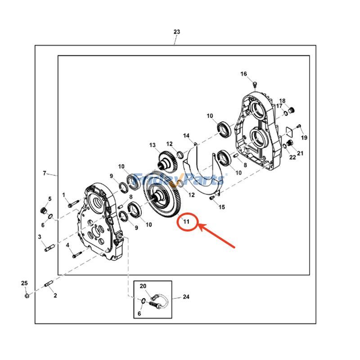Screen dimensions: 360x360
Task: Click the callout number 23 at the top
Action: (x=176, y=32)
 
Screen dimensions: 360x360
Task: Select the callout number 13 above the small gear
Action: (x=153, y=145)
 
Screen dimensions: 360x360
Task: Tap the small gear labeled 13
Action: (x=167, y=161)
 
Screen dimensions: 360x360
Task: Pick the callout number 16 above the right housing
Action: (x=243, y=74)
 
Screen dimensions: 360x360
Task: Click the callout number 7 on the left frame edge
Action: (x=45, y=173)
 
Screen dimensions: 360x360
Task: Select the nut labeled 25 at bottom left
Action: (x=26, y=295)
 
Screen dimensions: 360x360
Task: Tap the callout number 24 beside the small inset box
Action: (x=186, y=297)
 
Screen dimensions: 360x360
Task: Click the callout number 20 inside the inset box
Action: (x=143, y=286)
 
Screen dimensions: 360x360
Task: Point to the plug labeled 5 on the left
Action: (x=44, y=211)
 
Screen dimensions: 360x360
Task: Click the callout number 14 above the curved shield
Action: (x=186, y=135)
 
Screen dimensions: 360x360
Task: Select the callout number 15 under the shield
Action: (x=221, y=207)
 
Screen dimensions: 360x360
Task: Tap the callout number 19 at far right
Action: (x=305, y=137)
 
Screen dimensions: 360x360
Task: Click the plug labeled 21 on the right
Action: (x=291, y=143)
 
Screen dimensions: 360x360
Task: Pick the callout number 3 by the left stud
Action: (x=40, y=237)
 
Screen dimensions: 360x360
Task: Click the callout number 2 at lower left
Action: (x=55, y=296)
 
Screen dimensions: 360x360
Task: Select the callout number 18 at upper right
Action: (x=282, y=101)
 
